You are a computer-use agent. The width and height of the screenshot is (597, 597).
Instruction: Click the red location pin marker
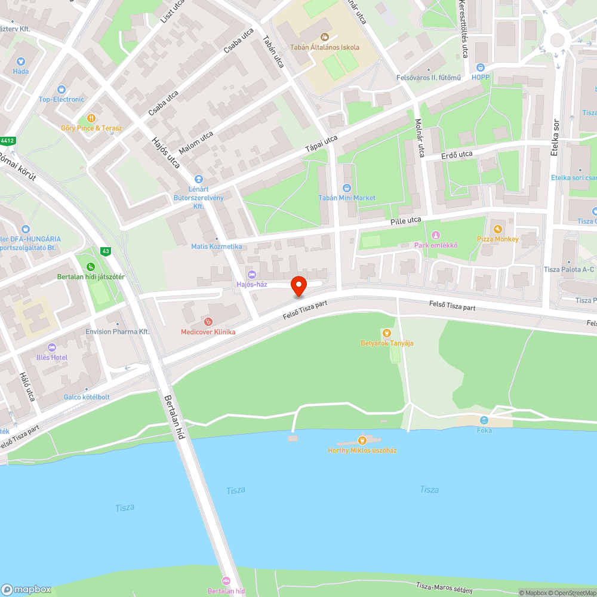pyautogui.click(x=298, y=286)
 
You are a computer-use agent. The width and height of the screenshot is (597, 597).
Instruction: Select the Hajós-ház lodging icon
pyautogui.click(x=251, y=274)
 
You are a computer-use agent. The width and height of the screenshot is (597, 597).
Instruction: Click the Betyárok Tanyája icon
pyautogui.click(x=387, y=333)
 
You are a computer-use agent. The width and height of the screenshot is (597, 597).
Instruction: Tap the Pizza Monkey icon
pyautogui.click(x=497, y=229)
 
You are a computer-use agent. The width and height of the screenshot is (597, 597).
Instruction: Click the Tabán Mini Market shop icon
pyautogui.click(x=347, y=188)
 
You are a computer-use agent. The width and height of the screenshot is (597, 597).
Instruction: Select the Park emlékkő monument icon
pyautogui.click(x=436, y=235)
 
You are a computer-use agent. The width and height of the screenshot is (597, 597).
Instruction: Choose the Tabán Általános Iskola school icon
pyautogui.click(x=325, y=37)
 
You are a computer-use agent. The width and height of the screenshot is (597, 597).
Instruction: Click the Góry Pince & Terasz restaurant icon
pyautogui.click(x=91, y=118)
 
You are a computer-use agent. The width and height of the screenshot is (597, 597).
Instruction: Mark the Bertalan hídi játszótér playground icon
pyautogui.click(x=90, y=267)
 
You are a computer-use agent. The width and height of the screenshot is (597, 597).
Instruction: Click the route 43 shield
pyautogui.click(x=105, y=251)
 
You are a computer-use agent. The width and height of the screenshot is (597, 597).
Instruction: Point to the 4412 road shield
pyautogui.click(x=7, y=141)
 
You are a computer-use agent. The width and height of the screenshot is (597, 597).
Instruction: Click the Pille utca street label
pyautogui.click(x=405, y=220)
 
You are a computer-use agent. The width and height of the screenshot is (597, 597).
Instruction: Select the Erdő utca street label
pyautogui.click(x=457, y=154)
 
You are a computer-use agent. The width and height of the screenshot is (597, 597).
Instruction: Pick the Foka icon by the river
pyautogui.click(x=484, y=420)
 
